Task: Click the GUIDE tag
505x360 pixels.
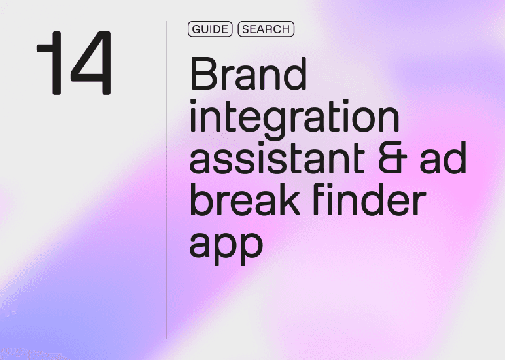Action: pos(210,29)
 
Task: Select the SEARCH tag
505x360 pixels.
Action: pos(266,29)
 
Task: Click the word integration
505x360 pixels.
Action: pos(294,118)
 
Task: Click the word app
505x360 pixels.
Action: pos(226,243)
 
